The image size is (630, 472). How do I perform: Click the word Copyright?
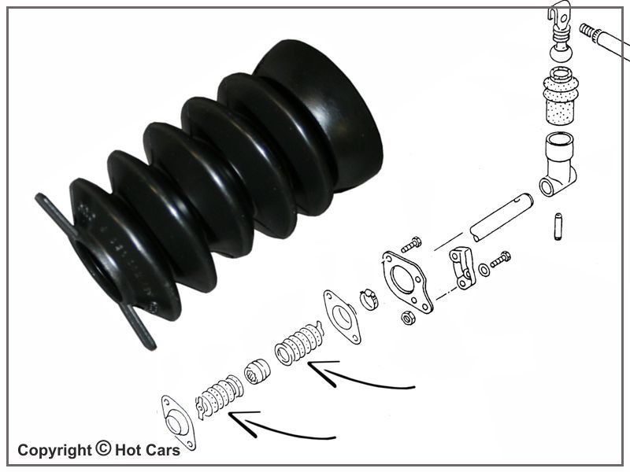[x=54, y=451]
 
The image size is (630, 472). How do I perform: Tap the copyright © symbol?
[x=103, y=448]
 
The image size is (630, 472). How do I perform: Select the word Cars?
[x=164, y=450]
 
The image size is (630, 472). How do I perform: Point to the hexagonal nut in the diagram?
[x=408, y=319]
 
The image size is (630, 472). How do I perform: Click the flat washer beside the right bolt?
[x=485, y=270]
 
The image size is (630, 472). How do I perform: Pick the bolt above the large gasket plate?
[x=411, y=244]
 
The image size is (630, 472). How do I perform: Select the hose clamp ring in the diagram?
[x=369, y=300]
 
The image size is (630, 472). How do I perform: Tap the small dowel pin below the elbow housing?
[x=558, y=227]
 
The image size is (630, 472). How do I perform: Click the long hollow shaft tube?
[x=502, y=217]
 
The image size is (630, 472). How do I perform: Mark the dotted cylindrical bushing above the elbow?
[x=561, y=96]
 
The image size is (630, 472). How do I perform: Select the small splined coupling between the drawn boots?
[x=258, y=371]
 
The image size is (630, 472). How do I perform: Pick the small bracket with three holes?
[x=462, y=267]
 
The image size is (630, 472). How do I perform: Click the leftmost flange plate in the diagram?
[x=178, y=422]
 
